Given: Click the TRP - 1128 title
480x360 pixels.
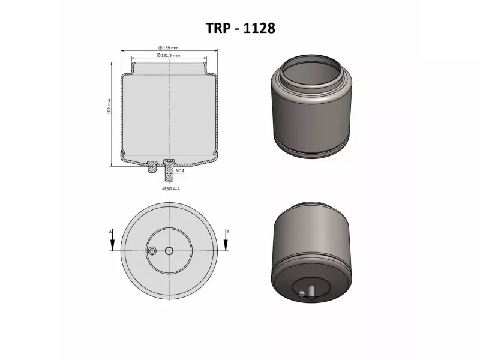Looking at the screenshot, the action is (241, 28).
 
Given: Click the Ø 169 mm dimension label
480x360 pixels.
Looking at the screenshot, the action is (169, 48).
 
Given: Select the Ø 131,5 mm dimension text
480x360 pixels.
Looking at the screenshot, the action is (169, 55).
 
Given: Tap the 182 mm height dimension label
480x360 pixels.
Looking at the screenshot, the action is (109, 107).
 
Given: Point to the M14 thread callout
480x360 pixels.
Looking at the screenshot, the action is (180, 170).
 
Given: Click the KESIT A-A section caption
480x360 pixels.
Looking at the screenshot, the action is (171, 189).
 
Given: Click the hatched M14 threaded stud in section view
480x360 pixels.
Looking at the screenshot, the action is (169, 170).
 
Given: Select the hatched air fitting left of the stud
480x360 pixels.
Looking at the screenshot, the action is (152, 167).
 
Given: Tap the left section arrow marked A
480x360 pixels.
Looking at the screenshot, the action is (112, 240).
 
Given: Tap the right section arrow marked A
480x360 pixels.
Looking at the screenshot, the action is (226, 240).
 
